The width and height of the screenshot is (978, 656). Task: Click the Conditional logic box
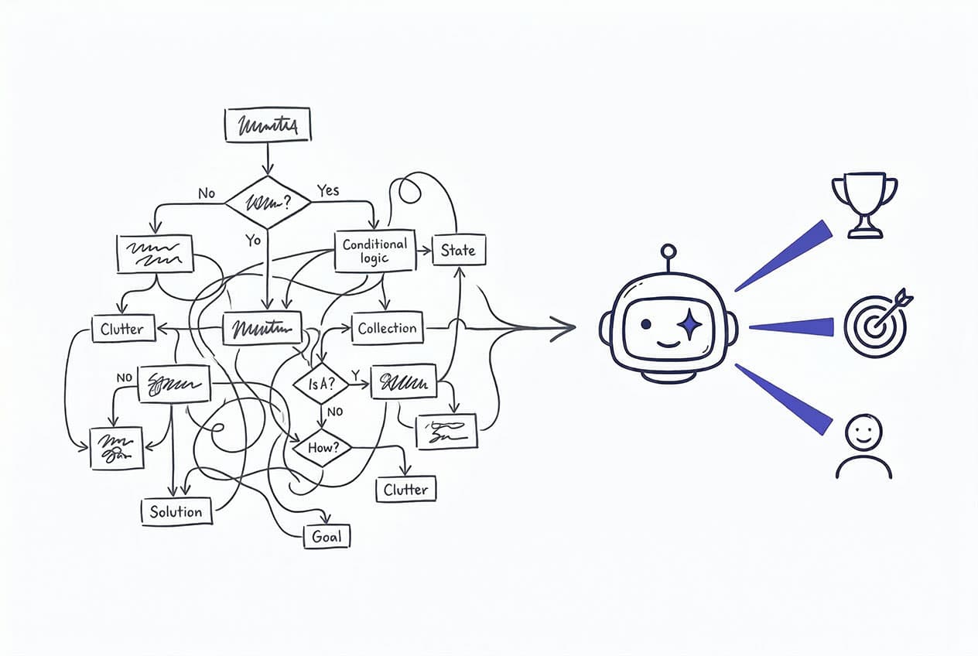[x=374, y=251]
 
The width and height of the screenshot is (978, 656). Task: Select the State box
[x=458, y=250]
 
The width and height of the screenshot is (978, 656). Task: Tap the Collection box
[x=387, y=328]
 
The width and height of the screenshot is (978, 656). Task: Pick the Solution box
[x=176, y=511]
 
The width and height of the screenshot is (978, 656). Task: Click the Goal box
[x=327, y=537]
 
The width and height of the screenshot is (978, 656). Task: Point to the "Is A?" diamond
[x=321, y=382]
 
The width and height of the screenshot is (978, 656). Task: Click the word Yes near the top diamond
[x=328, y=190]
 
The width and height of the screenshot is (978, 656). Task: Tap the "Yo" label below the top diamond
[x=253, y=241]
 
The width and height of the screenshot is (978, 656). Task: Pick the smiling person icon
[x=863, y=446]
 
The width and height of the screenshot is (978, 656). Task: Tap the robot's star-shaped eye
[x=689, y=324]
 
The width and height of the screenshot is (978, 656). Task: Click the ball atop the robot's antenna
[x=669, y=251]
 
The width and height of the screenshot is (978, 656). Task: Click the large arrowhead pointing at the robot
[x=563, y=328]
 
